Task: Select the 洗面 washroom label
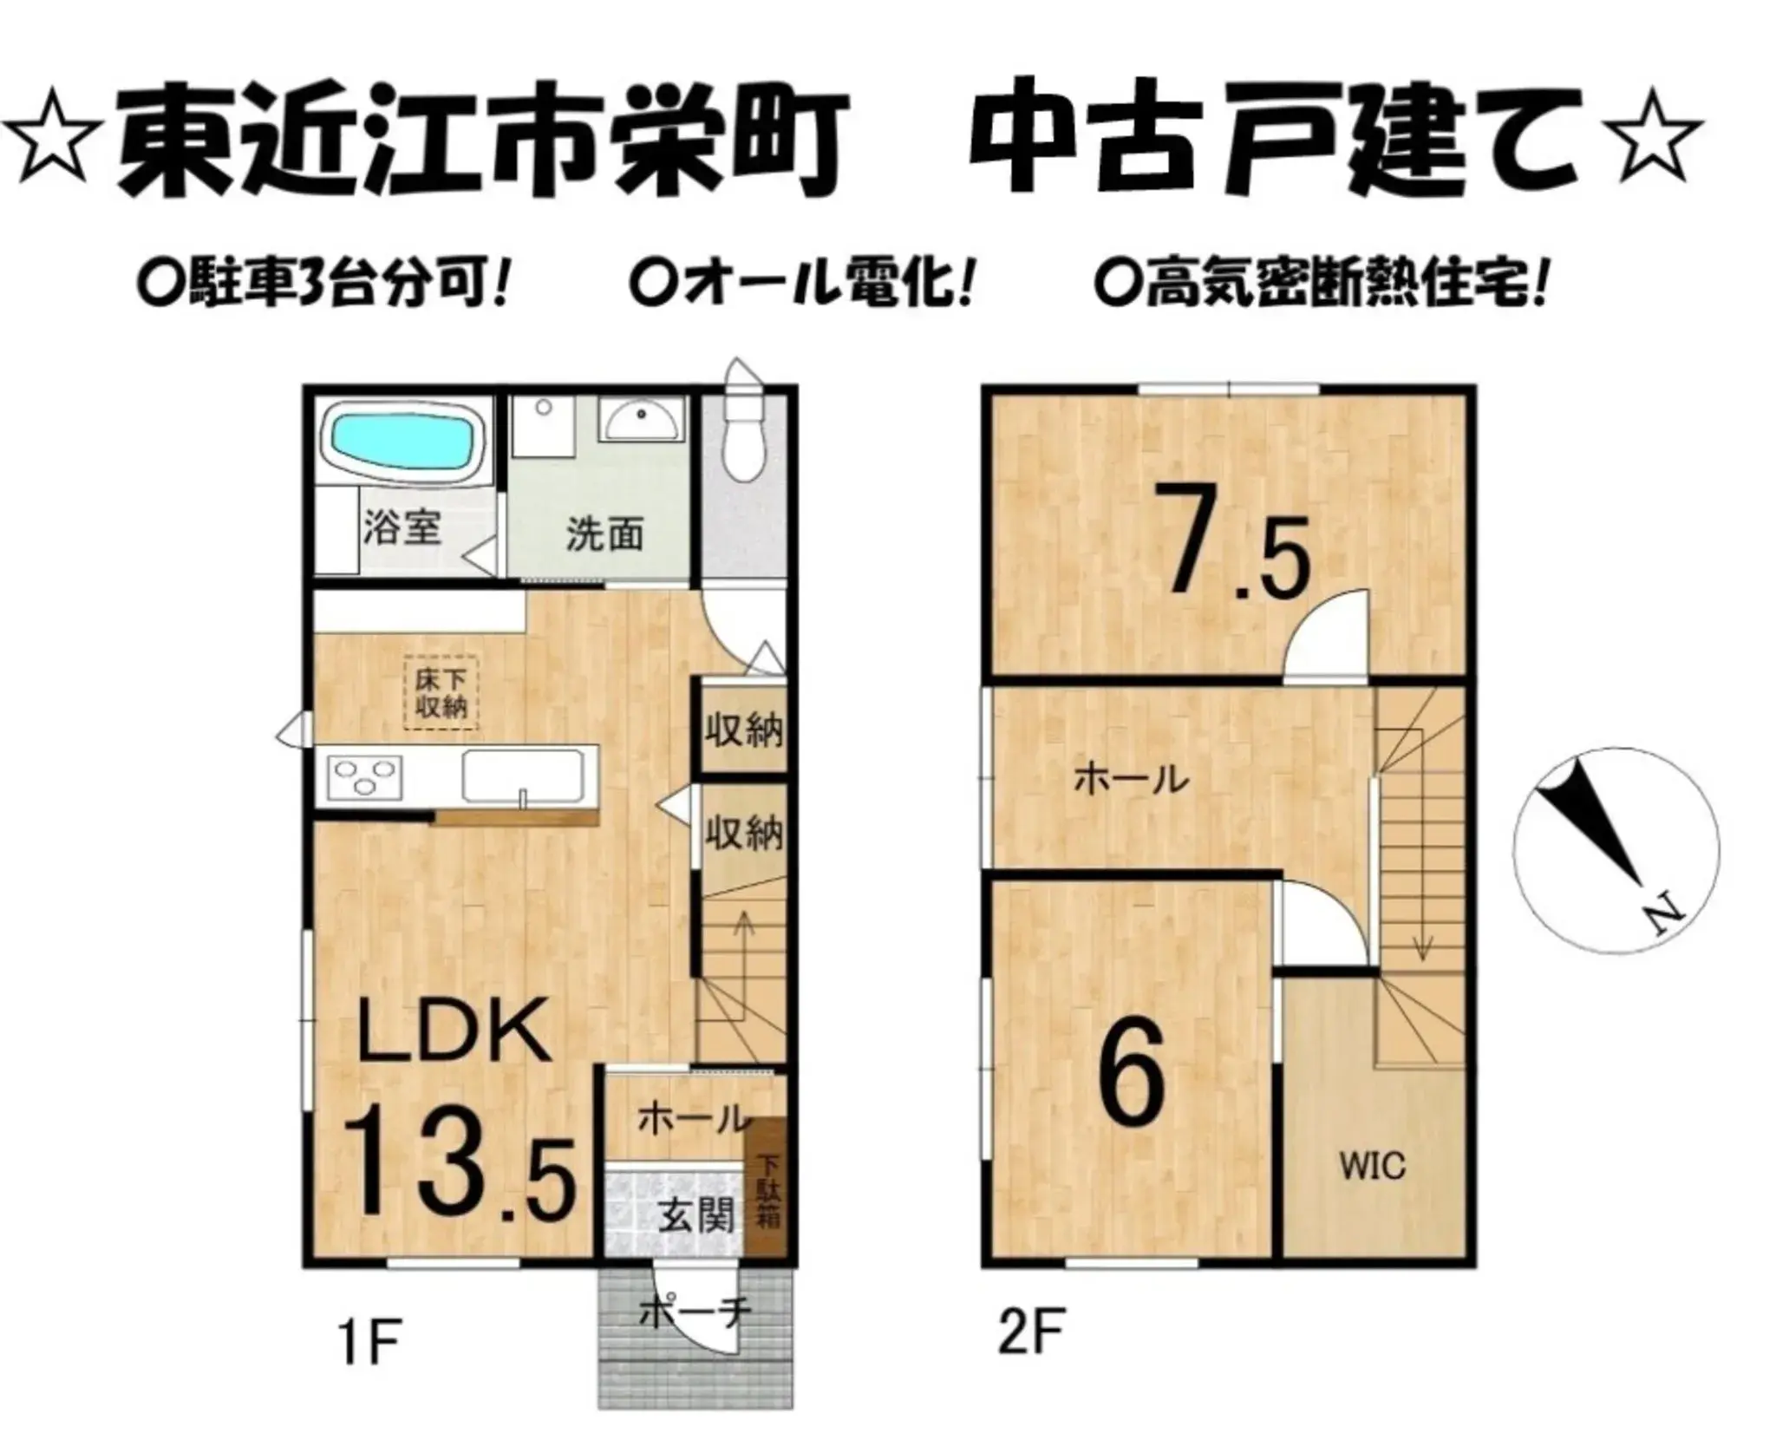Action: point(604,534)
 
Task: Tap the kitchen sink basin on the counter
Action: point(522,775)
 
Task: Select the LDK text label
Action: point(454,1031)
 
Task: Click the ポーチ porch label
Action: point(694,1315)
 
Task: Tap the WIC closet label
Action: point(1372,1166)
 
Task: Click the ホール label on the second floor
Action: point(1131,779)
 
